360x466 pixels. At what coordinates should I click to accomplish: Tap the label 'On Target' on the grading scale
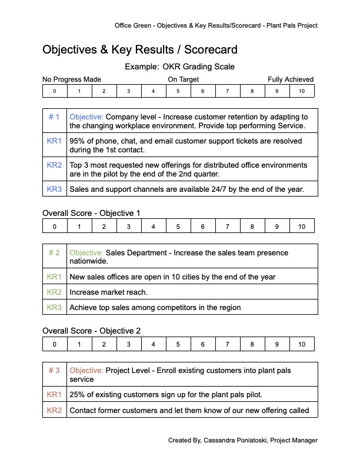(183, 79)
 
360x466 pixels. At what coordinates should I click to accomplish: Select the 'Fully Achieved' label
(291, 79)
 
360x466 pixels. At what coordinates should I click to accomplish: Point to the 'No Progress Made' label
(72, 79)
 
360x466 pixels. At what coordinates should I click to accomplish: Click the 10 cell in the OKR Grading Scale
(301, 91)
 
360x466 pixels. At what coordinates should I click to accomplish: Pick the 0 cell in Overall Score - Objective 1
(55, 227)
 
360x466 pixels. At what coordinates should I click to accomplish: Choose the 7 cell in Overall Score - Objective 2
(227, 344)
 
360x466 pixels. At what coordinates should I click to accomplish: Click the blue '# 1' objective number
(54, 117)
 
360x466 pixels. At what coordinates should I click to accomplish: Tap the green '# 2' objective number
(54, 252)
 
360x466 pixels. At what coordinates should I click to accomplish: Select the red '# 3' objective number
(54, 371)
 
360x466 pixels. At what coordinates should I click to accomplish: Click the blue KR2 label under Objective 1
(54, 165)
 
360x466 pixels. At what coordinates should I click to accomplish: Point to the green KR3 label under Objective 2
(54, 307)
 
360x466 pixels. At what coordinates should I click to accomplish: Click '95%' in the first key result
(78, 141)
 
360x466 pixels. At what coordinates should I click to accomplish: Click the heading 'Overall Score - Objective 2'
(91, 331)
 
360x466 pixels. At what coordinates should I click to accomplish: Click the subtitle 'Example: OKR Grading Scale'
(179, 66)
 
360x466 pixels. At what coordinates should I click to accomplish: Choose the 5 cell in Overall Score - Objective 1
(178, 227)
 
